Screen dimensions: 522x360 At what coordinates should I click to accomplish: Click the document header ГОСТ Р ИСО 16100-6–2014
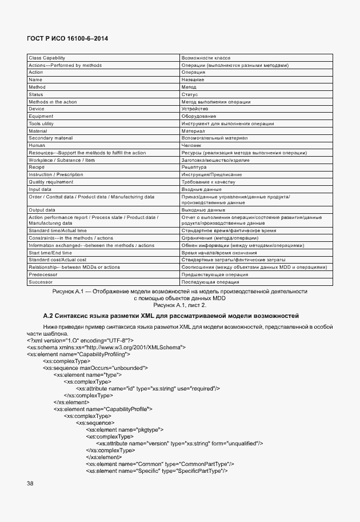coord(67,38)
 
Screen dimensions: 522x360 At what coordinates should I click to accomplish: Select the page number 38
coord(30,484)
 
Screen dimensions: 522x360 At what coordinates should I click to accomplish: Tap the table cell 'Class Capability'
coord(47,58)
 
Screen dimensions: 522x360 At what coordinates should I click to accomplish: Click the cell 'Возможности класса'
coord(206,58)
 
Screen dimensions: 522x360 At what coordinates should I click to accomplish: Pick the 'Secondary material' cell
coord(51,138)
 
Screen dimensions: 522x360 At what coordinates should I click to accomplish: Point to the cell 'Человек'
coord(191,145)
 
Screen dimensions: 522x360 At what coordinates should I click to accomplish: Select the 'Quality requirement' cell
coord(51,182)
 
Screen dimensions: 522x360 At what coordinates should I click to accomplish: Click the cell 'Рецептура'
coord(194,167)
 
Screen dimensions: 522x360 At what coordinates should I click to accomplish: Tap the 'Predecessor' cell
coord(43,274)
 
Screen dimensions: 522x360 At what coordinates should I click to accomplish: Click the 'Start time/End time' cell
coord(50,253)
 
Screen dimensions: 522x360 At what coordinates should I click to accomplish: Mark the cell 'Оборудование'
coord(198,116)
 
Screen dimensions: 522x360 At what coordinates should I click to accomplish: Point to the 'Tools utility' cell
coord(41,123)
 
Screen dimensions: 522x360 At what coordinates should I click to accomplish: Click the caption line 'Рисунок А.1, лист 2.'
coord(179,305)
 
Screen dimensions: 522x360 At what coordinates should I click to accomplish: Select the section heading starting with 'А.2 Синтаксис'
coord(171,316)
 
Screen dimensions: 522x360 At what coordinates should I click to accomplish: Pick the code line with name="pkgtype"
coord(125,429)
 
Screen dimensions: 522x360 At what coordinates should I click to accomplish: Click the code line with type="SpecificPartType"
coord(157,471)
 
